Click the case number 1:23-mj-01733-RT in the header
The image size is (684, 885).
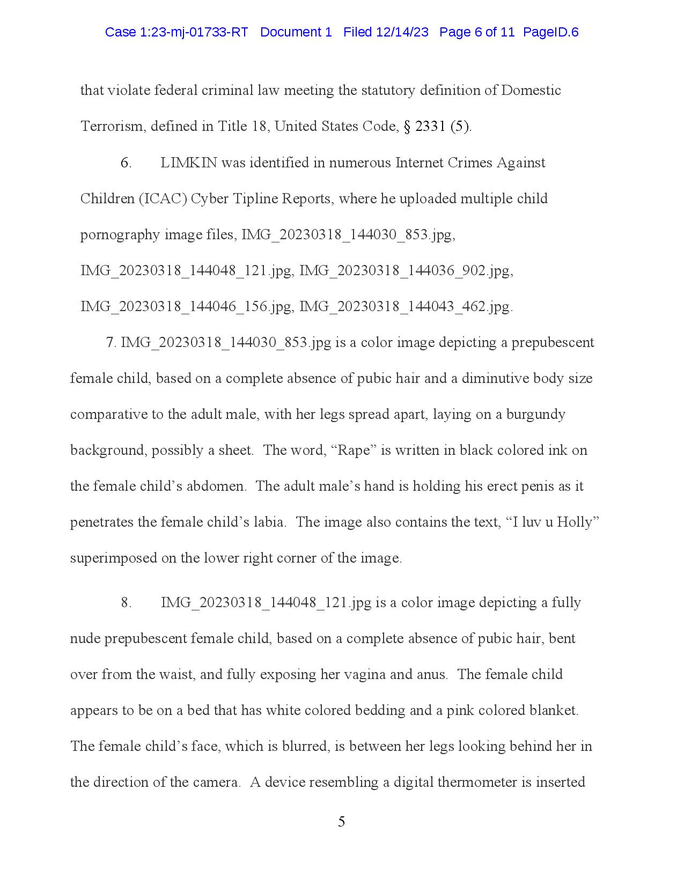point(176,32)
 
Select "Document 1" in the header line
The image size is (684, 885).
point(296,32)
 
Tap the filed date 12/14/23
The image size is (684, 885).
point(402,32)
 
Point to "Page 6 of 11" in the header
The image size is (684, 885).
point(477,32)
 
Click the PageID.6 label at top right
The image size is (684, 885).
point(551,32)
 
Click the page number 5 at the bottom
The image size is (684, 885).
point(342,822)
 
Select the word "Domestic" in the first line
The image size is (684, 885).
point(531,90)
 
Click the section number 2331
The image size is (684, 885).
point(430,127)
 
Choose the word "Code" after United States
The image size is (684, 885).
point(380,127)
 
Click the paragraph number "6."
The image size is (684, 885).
point(126,163)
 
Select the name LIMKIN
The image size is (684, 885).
point(188,163)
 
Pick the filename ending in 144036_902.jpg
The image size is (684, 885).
point(406,271)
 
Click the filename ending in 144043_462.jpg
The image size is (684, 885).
point(406,307)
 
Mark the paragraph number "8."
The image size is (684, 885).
point(126,602)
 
